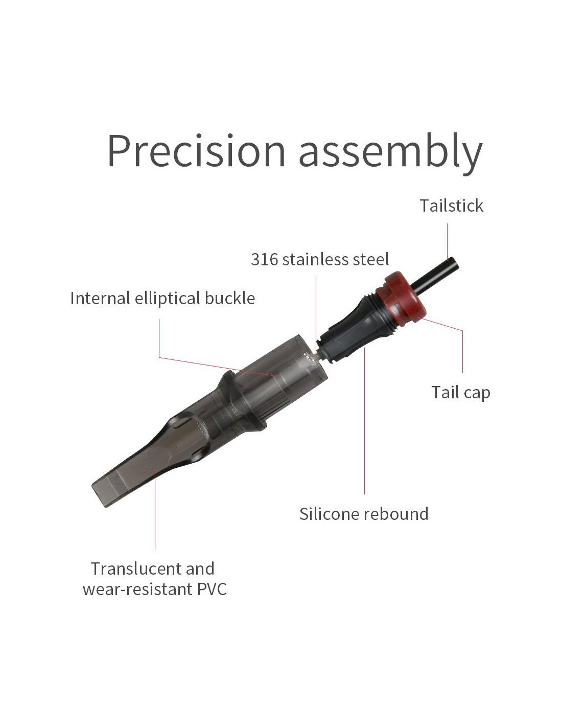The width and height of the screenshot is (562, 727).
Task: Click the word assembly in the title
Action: (x=390, y=153)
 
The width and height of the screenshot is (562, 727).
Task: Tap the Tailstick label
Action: (x=451, y=206)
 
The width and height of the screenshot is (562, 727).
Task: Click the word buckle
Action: (x=230, y=298)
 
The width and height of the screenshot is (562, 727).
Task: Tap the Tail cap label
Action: (x=460, y=393)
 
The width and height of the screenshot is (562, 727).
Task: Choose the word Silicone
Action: (x=329, y=514)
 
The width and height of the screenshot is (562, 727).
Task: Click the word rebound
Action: (x=395, y=514)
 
